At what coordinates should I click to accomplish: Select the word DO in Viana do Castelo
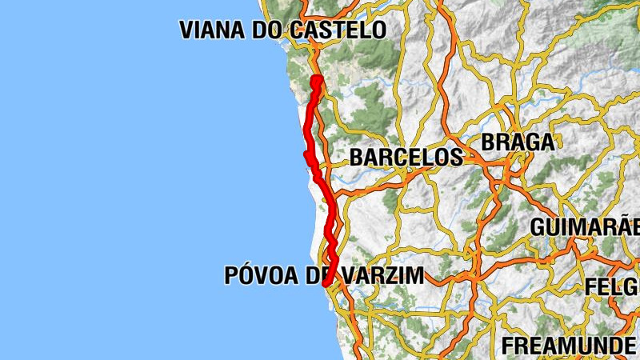(262, 30)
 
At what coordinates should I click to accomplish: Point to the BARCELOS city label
(406, 157)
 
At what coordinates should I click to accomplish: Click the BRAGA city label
(517, 142)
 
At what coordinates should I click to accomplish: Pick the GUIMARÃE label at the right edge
(584, 226)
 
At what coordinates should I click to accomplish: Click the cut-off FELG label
(612, 286)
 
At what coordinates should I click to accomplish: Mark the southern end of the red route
(324, 282)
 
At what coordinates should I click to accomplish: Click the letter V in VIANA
(187, 30)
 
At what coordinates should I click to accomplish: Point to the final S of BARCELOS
(456, 157)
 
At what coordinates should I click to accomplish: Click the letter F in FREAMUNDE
(508, 346)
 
